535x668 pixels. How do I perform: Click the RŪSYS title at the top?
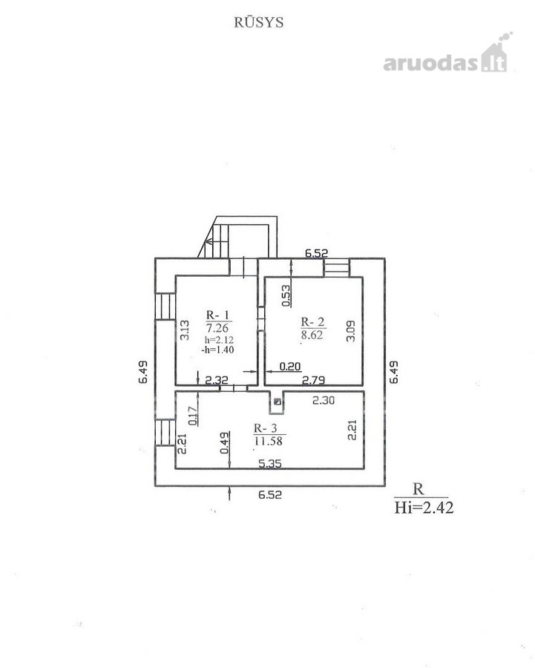258,22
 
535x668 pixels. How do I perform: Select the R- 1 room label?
217,315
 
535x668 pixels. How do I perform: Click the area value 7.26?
217,327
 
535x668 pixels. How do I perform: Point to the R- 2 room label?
312,321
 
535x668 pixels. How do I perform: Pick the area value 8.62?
312,335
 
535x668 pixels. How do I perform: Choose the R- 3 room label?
266,428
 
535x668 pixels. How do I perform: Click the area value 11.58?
269,440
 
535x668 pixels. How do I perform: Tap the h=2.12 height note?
219,340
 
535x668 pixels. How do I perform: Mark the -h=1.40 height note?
217,350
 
